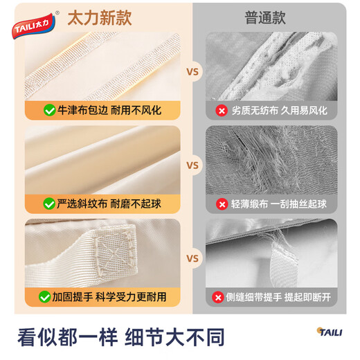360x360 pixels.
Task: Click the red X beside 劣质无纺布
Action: coord(222,110)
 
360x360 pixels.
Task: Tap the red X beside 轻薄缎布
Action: coord(222,204)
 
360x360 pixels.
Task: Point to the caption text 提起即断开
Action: coord(307,297)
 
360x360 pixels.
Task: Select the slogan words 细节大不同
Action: coord(174,337)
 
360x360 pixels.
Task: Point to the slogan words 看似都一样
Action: coord(66,337)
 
